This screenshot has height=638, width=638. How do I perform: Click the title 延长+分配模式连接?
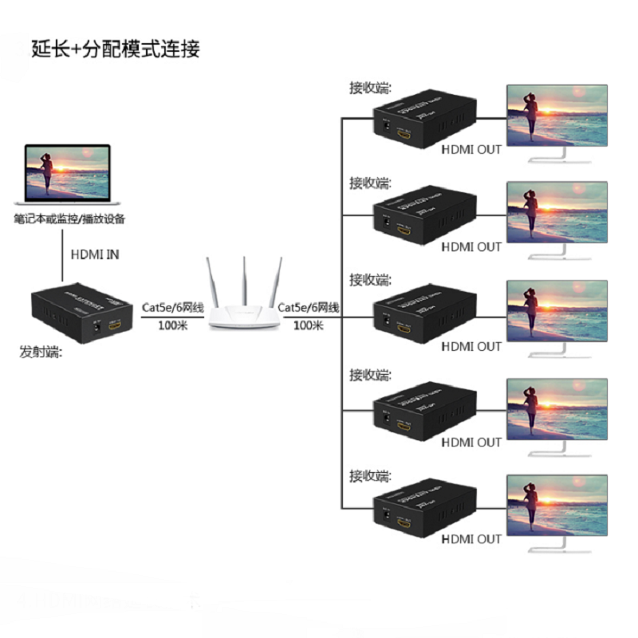tap(116, 49)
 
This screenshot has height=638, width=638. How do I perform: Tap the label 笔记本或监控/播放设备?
tap(69, 219)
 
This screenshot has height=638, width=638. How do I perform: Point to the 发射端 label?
tap(41, 351)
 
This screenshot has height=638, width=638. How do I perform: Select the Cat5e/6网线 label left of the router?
tap(173, 307)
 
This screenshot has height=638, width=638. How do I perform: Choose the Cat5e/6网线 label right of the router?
tap(309, 307)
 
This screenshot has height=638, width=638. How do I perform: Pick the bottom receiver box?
tap(424, 510)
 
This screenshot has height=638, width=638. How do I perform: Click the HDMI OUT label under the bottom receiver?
tap(471, 539)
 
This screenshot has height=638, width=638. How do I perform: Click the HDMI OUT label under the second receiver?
tap(471, 247)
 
